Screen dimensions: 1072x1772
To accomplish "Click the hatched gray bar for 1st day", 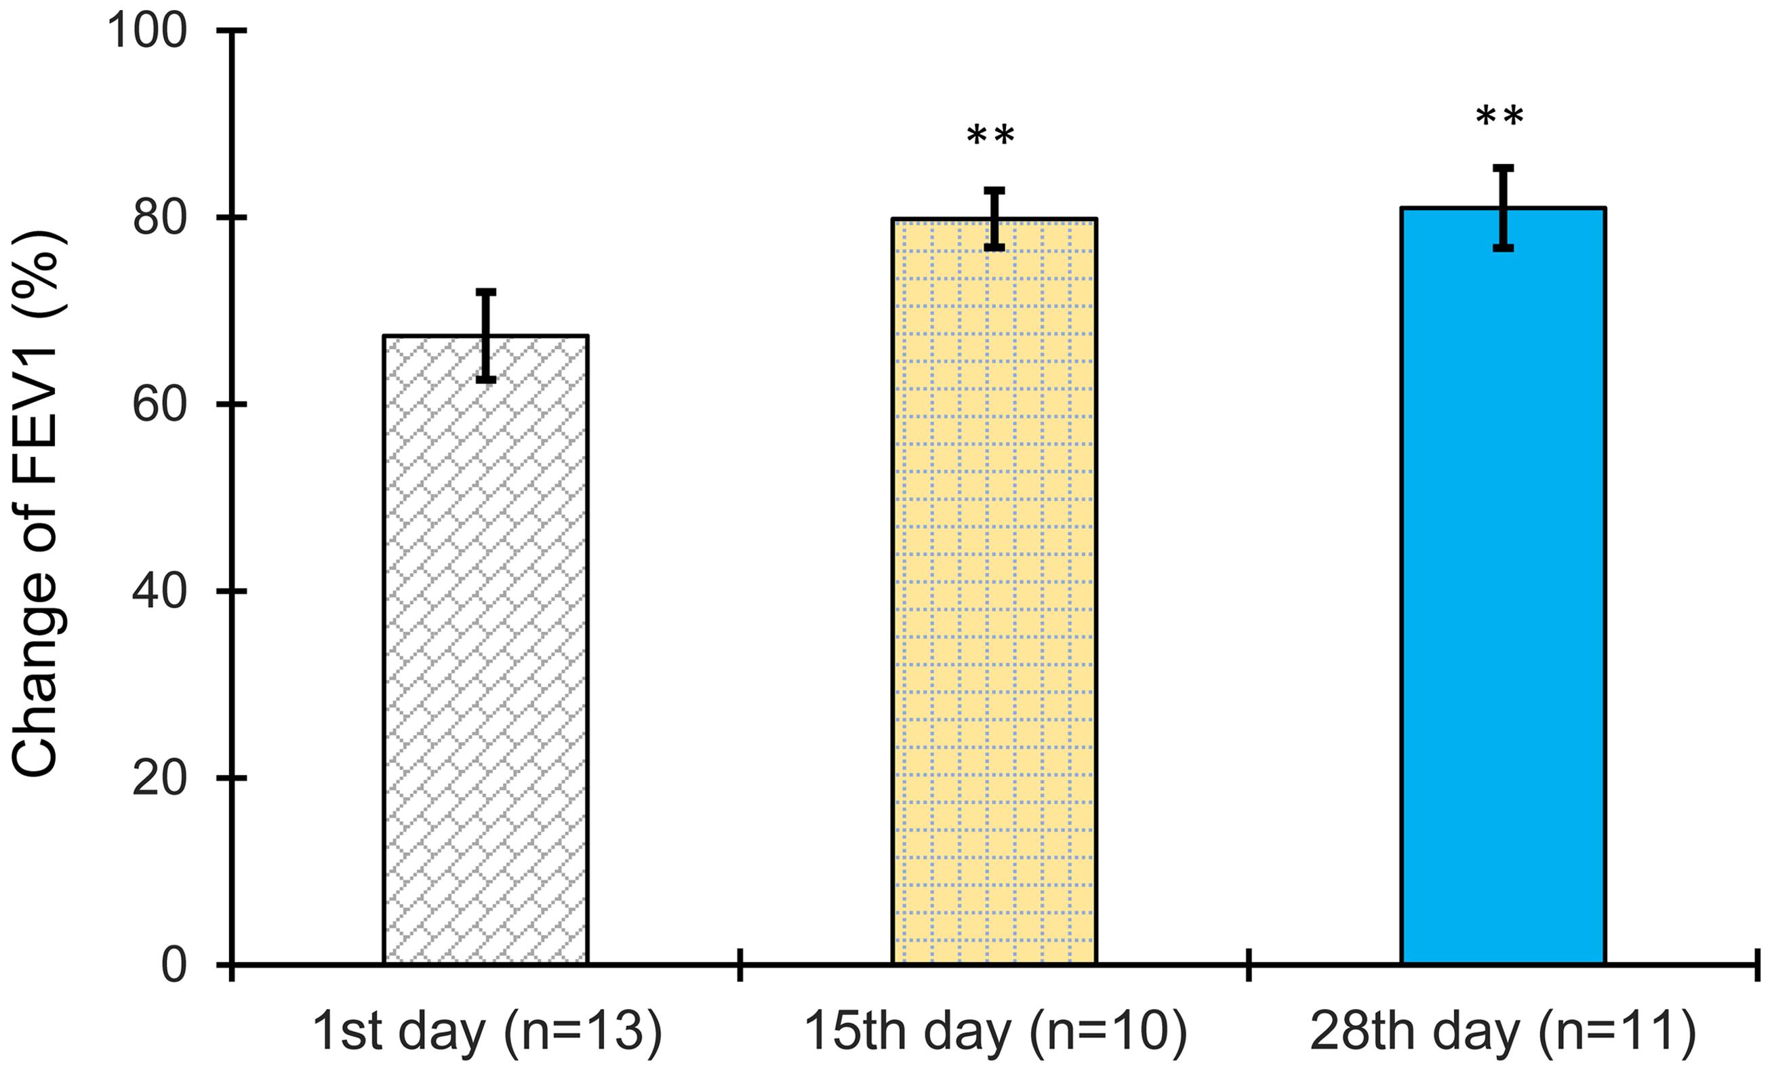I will (486, 648).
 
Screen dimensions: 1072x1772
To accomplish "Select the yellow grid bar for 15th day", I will (994, 590).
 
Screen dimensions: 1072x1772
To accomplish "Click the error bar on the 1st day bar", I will (486, 335).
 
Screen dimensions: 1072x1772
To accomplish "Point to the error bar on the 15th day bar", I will (994, 219).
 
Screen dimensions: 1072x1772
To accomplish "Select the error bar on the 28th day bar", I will (1503, 208).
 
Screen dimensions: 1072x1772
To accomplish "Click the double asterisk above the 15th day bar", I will (990, 135).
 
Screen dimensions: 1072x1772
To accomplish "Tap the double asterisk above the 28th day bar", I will (1499, 117).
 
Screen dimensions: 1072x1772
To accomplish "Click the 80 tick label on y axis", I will (160, 218).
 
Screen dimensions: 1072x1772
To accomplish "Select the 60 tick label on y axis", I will (160, 404).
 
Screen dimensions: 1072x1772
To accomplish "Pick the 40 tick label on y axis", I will (160, 591).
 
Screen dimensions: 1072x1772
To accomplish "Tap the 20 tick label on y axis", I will (160, 778).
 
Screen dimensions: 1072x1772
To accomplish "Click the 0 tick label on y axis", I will (174, 965).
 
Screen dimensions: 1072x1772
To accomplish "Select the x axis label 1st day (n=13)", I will (486, 1030).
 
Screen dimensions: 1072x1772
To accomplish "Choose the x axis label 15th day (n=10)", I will (994, 1030).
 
